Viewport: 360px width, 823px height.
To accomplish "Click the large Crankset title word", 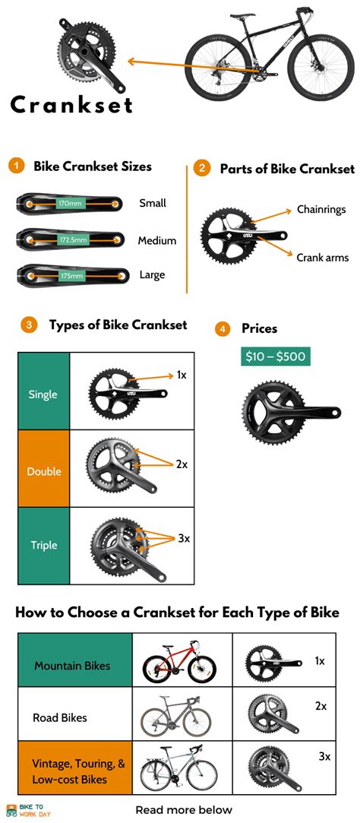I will tap(71, 104).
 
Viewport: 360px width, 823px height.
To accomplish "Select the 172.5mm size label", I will tap(73, 240).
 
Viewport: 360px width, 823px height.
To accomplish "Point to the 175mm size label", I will tap(71, 276).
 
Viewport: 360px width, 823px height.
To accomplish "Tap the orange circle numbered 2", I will tap(201, 169).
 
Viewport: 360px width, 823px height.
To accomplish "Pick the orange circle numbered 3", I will tap(29, 325).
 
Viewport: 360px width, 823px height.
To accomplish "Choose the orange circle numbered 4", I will tap(223, 329).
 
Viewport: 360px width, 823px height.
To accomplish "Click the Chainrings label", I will tap(321, 209).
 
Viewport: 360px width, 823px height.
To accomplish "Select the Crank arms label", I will tap(322, 258).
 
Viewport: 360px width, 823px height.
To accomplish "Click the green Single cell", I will tap(43, 394).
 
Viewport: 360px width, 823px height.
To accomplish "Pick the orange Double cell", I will tap(43, 471).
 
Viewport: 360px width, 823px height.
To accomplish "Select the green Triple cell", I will tap(43, 545).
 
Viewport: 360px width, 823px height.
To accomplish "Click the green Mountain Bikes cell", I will tap(72, 666).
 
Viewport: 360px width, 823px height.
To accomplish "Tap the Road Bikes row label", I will tap(60, 717).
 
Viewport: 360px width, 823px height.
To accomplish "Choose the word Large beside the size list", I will tap(152, 275).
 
